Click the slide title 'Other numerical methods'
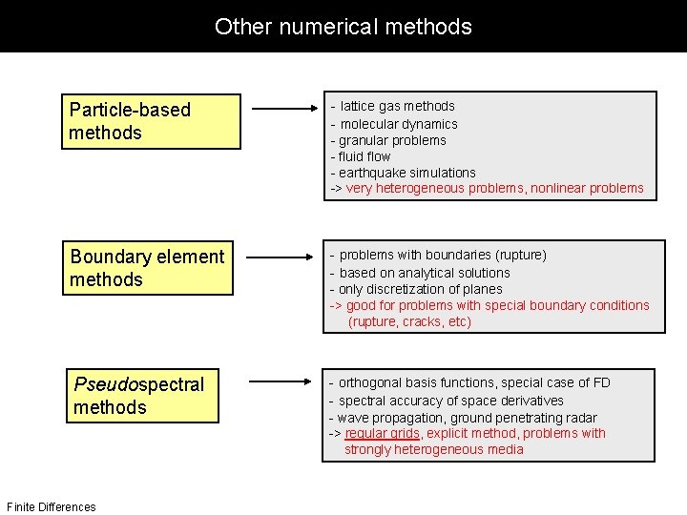coord(343,26)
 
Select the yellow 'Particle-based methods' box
coord(151,121)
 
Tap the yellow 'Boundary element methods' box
coord(151,268)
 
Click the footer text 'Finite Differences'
coord(51,506)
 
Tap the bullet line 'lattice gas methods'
coord(397,106)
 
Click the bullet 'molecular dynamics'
coord(399,124)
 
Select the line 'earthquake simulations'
coord(407,173)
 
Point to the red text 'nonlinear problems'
coord(589,189)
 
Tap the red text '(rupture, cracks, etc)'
coord(410,322)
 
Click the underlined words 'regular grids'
coord(382,433)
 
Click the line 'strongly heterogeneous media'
coord(434,450)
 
